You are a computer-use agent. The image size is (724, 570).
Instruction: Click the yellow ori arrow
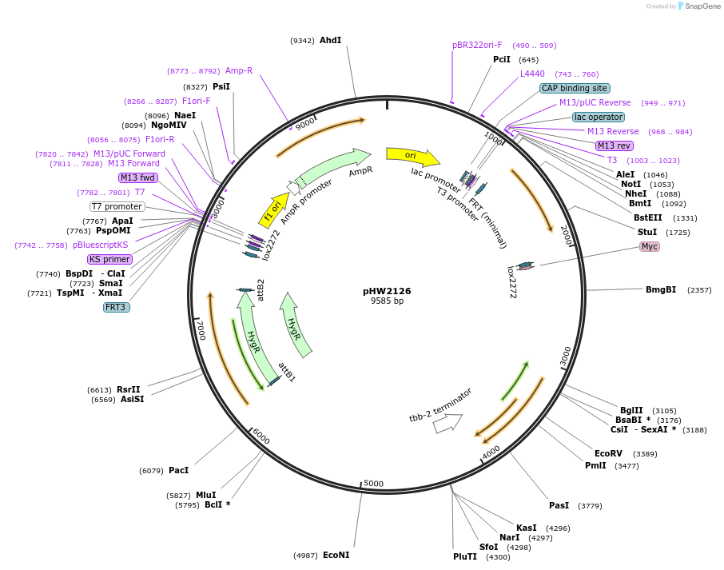point(412,156)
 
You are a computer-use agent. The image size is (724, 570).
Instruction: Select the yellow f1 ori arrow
point(273,210)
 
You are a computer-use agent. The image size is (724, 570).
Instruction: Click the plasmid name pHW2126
point(387,291)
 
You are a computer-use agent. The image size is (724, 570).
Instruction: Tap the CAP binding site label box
point(575,88)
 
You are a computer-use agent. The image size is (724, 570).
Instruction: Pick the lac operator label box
point(599,117)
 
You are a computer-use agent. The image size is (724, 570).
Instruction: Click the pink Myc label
point(649,246)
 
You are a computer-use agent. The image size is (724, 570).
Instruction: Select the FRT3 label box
point(117,307)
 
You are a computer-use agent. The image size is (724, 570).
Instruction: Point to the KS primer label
point(110,259)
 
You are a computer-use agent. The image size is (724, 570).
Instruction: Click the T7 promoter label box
point(117,206)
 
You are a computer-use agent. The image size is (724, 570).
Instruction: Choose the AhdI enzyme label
point(331,40)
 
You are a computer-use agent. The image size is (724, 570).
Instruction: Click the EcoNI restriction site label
point(336,555)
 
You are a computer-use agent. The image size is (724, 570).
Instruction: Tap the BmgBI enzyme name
point(661,289)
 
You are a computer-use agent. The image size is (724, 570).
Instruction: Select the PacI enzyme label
point(179,470)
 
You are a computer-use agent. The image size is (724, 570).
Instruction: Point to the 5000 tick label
point(373,483)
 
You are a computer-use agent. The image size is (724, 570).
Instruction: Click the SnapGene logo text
point(702,6)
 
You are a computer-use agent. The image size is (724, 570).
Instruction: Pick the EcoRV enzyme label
point(608,453)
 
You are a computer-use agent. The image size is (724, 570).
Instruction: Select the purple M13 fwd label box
point(138,177)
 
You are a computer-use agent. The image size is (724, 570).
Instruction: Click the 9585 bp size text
point(387,301)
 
